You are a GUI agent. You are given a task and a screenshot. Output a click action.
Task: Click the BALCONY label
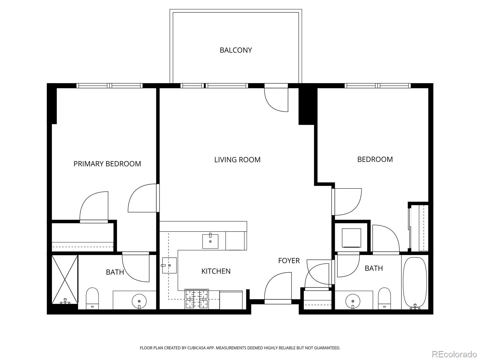click(x=235, y=50)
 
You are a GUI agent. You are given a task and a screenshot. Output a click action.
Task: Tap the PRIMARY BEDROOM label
click(x=107, y=164)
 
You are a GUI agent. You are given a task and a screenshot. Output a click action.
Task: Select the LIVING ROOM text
click(x=237, y=160)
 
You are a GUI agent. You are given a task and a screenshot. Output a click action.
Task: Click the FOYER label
click(x=289, y=261)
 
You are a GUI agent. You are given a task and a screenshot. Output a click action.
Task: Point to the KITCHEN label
click(x=216, y=271)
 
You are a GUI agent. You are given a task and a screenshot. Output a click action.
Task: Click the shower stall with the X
click(x=65, y=279)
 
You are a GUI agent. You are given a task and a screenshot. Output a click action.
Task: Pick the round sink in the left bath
click(x=139, y=301)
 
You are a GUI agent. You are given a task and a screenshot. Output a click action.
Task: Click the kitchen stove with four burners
click(x=197, y=299)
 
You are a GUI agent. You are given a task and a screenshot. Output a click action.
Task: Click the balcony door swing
click(x=276, y=99)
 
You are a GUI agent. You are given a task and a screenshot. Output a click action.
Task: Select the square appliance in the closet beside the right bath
click(x=351, y=238)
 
